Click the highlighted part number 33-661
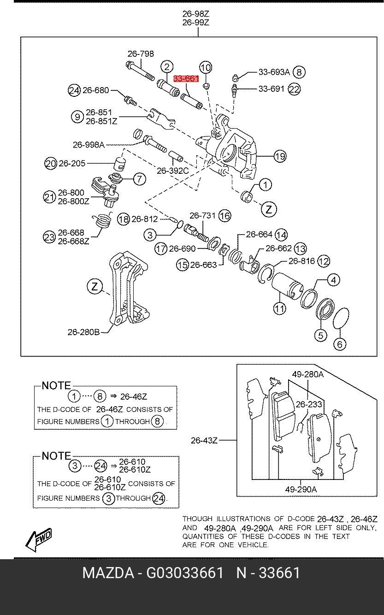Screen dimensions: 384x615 point(186,78)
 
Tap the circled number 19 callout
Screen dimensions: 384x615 point(280,156)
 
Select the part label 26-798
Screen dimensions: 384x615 point(141,53)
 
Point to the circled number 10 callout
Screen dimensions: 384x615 point(206,68)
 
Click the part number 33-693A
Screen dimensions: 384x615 point(274,72)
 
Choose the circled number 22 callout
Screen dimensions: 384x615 point(294,89)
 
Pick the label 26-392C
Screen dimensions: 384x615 point(173,171)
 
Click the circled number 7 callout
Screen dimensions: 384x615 point(139,179)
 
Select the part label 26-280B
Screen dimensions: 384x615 point(84,332)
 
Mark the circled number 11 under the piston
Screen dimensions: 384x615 point(279,309)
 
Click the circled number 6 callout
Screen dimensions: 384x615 point(340,344)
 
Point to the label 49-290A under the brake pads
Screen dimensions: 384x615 point(301,489)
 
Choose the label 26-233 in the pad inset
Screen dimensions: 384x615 point(309,404)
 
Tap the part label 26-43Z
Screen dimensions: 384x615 point(204,440)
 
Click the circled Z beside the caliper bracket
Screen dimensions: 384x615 point(95,287)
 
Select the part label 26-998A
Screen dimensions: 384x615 point(89,145)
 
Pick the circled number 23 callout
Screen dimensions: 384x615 point(49,237)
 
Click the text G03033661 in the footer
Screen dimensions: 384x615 point(185,573)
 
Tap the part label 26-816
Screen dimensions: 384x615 point(301,260)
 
